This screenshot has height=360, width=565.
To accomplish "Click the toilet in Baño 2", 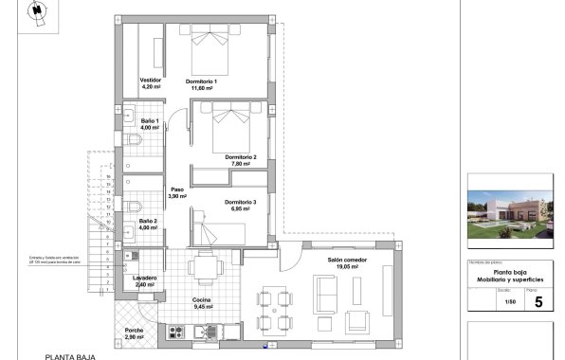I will [x=135, y=205].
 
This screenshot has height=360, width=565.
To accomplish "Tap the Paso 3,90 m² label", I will [x=177, y=192].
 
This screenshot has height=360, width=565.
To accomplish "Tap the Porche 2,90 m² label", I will [x=134, y=333].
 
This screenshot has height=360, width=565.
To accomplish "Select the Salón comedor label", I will [x=347, y=263].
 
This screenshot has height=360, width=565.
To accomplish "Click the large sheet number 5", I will [x=538, y=302].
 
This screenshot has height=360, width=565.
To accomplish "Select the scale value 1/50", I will [x=510, y=302].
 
